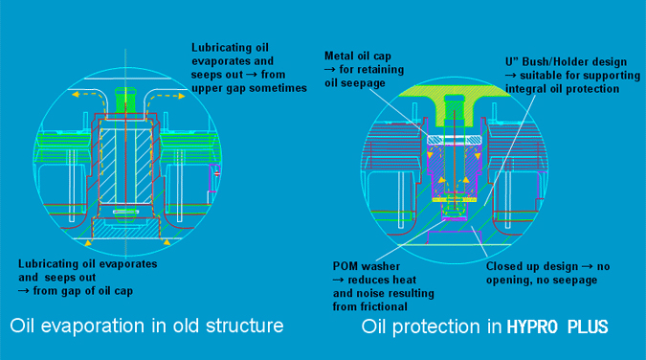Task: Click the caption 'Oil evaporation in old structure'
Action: pos(145,326)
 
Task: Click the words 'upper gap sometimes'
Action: pos(247,87)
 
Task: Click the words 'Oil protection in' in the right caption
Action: pos(423,326)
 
